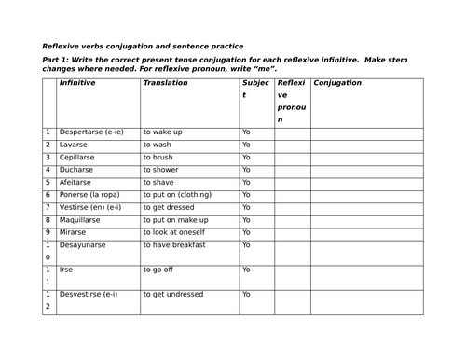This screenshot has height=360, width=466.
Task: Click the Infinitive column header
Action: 77,84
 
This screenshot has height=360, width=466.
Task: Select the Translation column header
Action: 165,84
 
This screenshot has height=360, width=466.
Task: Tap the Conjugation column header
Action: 337,84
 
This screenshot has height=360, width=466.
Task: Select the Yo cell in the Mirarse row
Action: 246,232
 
